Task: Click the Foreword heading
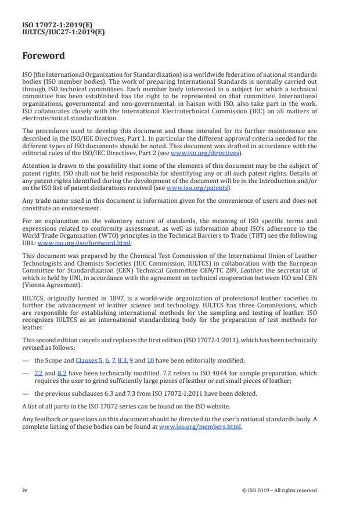coord(44,56)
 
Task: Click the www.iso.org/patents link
coord(190,188)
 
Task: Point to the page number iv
coord(25,490)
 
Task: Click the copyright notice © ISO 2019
coord(279,490)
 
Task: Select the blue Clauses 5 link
coord(88,360)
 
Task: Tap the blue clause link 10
coord(150,360)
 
